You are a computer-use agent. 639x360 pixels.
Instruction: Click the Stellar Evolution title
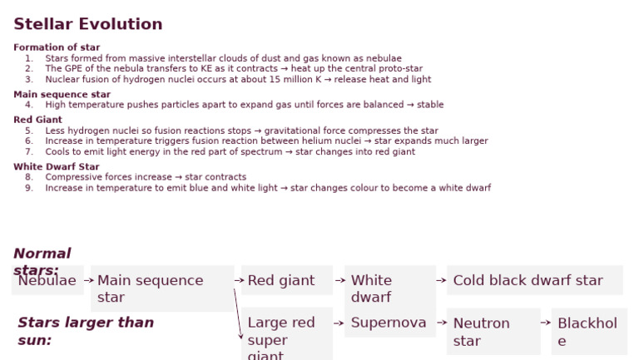[x=88, y=24]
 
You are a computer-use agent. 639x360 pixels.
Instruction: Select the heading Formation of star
[x=57, y=47]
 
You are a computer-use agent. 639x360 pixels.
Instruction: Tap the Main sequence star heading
[x=62, y=94]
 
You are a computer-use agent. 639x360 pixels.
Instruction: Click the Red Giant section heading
[x=37, y=120]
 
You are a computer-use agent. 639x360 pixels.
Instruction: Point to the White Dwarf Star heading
[x=56, y=166]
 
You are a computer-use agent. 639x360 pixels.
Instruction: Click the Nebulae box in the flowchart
[x=47, y=280]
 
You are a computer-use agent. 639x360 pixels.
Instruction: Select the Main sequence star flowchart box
[x=161, y=288]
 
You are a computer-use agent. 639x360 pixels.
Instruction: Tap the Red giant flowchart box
[x=286, y=280]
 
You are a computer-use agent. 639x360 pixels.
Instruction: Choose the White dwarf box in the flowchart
[x=389, y=288]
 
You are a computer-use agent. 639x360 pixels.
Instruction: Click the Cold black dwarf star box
[x=534, y=280]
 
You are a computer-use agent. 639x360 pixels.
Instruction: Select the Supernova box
[x=389, y=323]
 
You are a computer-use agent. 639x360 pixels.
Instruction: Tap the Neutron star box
[x=493, y=331]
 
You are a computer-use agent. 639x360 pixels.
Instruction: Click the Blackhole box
[x=588, y=331]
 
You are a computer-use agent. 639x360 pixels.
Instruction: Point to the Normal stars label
[x=42, y=261]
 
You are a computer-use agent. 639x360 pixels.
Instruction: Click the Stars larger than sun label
[x=85, y=330]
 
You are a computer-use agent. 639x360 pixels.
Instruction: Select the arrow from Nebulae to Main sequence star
[x=88, y=280]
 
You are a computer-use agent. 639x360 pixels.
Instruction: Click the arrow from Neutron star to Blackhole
[x=546, y=323]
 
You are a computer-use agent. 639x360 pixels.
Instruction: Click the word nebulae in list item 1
[x=384, y=58]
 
